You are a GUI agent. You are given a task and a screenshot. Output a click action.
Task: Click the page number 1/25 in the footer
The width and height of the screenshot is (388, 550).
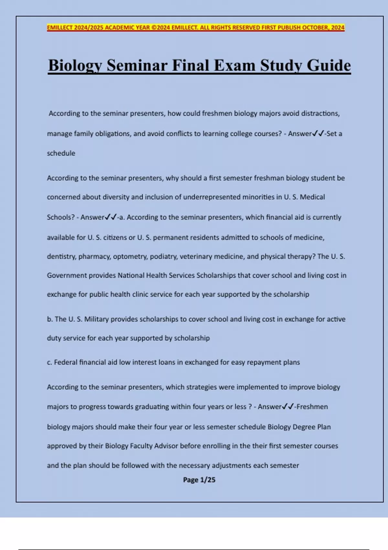tap(208, 480)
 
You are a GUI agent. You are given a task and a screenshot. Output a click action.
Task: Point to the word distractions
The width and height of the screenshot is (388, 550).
tap(320, 114)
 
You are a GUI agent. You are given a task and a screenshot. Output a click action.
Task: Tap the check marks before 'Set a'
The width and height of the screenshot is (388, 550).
tap(318, 133)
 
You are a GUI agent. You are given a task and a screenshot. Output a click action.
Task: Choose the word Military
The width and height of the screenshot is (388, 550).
tap(96, 319)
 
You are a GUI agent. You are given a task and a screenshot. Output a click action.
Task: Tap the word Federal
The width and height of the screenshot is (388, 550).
tap(66, 362)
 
